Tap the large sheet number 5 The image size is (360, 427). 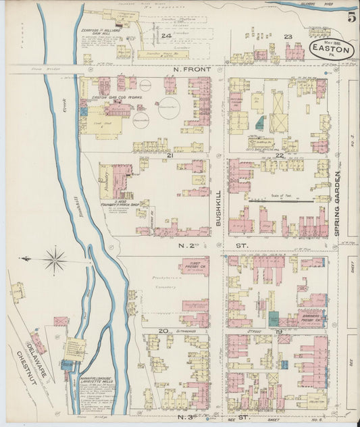[352, 17]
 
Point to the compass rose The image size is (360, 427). [55, 259]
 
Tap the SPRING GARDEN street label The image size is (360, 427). [336, 203]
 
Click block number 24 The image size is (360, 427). [165, 35]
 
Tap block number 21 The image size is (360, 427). [171, 156]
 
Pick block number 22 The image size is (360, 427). [279, 156]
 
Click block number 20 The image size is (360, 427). [163, 330]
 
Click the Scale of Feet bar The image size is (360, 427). [280, 200]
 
